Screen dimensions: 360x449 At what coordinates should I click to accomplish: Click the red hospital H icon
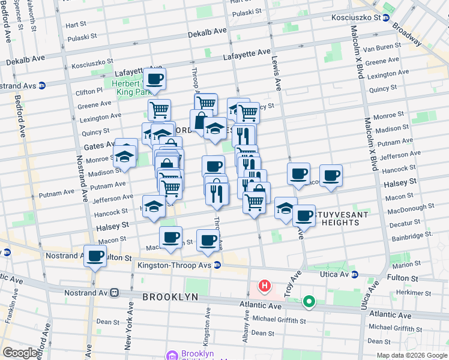click(263, 285)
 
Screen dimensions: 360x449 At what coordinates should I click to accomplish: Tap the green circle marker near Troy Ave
click(309, 302)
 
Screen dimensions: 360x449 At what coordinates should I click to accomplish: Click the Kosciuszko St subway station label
click(357, 17)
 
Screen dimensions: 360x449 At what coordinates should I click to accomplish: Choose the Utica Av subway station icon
click(355, 275)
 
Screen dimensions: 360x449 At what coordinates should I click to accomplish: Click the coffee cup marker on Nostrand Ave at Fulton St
click(95, 256)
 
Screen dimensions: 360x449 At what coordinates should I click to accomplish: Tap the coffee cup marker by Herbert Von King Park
click(155, 79)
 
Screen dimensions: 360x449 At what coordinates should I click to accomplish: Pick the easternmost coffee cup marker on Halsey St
click(331, 175)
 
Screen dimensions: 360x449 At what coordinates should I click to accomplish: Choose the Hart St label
click(76, 25)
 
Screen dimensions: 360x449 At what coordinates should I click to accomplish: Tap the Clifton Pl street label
click(90, 91)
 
